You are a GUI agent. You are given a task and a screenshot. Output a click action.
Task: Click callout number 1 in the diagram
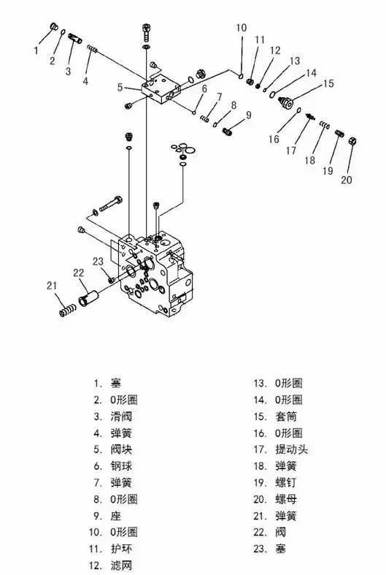coord(36,50)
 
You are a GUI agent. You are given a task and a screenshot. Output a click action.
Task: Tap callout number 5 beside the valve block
coord(120,87)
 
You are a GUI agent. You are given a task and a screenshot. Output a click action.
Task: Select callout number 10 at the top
coord(242,28)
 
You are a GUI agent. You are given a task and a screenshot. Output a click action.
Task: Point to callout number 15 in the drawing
coord(328,84)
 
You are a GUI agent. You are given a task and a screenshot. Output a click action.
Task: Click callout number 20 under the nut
coord(347,179)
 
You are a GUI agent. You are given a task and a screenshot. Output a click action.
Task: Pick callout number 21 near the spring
coord(50,285)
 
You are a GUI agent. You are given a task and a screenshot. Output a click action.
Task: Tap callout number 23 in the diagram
coord(98,262)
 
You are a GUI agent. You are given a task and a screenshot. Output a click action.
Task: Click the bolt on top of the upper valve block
coord(147,31)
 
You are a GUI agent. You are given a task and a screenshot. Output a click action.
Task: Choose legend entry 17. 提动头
coord(280,449)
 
